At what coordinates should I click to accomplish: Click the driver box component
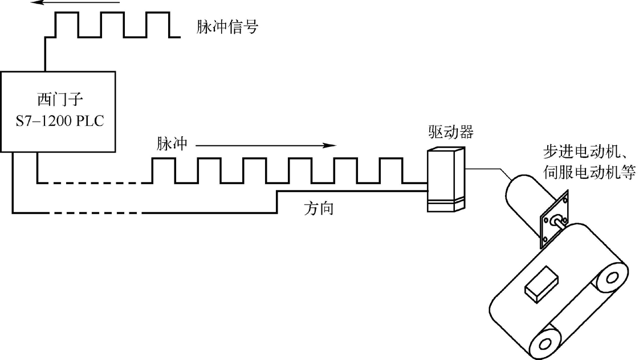pyautogui.click(x=446, y=179)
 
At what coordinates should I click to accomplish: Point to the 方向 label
pyautogui.click(x=319, y=208)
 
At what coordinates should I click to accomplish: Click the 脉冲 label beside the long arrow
pyautogui.click(x=172, y=143)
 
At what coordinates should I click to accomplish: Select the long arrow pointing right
pyautogui.click(x=265, y=145)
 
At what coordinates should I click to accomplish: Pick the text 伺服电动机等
pyautogui.click(x=587, y=172)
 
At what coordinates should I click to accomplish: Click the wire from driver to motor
pyautogui.click(x=488, y=169)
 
